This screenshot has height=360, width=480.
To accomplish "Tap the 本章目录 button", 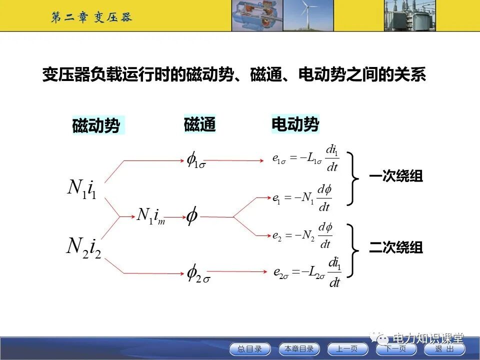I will [299, 349].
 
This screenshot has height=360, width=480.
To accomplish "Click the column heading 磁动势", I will [96, 125].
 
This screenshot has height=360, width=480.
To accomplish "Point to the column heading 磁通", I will [199, 124].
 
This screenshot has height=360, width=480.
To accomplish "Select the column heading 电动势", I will [295, 124].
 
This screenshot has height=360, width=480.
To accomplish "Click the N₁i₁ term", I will [82, 188].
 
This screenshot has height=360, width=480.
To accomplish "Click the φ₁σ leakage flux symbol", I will [195, 160].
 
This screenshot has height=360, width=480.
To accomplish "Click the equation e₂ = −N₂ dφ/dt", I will [303, 236].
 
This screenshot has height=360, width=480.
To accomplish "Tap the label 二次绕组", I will [396, 247].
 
